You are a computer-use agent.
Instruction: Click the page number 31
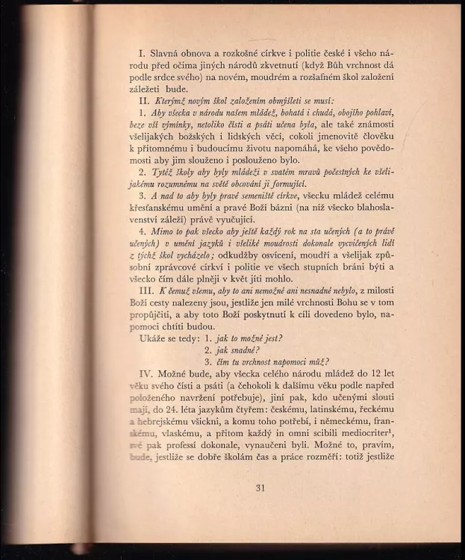[x=260, y=488]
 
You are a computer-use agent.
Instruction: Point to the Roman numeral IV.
[x=146, y=371]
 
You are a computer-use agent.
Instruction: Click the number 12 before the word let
[x=368, y=371]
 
